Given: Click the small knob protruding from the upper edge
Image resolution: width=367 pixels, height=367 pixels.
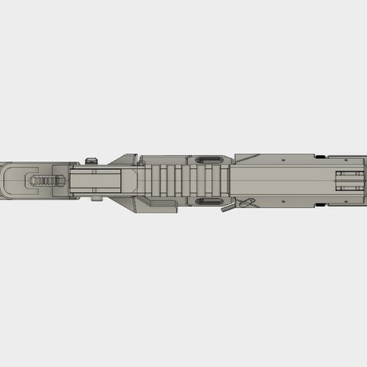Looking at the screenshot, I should (93, 160).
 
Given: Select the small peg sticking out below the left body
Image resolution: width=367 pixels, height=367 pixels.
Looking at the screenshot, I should (96, 200).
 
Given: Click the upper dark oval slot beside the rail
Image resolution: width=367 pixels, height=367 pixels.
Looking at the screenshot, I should (207, 161).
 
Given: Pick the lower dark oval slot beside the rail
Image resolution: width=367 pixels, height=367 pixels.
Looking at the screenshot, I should (207, 202).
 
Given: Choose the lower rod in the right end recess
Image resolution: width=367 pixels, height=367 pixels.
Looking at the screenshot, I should (349, 190).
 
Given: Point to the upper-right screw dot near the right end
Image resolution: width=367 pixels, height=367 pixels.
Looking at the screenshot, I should (285, 160).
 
